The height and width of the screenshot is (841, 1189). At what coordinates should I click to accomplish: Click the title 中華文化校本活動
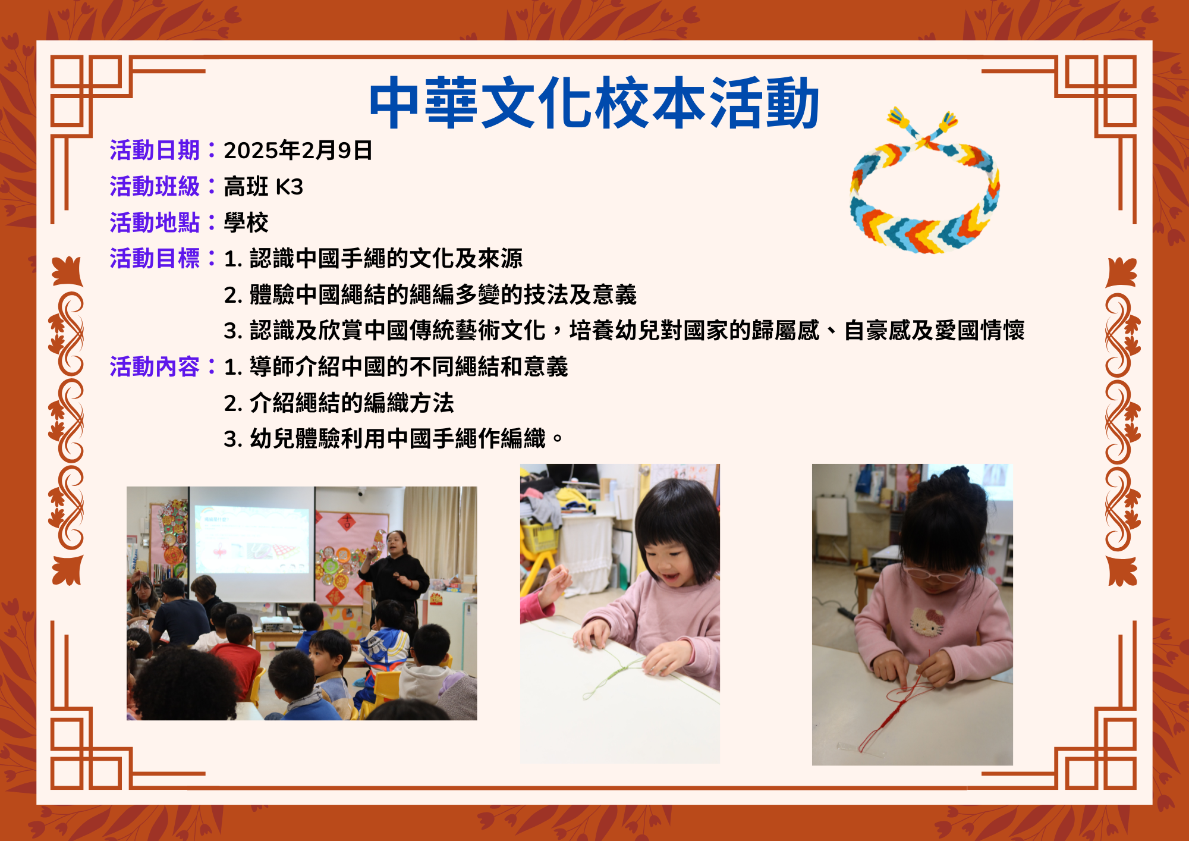point(594,102)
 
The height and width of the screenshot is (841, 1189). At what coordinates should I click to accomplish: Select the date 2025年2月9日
point(298,150)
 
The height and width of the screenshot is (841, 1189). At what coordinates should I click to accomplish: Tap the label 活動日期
point(155,150)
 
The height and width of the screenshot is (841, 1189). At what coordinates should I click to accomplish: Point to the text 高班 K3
point(263,187)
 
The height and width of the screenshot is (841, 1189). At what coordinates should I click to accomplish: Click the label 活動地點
point(155,222)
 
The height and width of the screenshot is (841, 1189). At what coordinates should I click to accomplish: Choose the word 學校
point(246,222)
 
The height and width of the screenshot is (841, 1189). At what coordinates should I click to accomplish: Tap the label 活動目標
point(155,259)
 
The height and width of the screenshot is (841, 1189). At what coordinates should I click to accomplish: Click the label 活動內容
point(155,367)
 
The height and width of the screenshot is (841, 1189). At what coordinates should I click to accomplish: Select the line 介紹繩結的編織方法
point(351,403)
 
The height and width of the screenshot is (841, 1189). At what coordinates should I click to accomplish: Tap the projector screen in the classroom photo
point(252,541)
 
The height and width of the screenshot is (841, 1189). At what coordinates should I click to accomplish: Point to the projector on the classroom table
point(276,624)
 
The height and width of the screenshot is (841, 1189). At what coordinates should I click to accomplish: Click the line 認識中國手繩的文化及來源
point(386,259)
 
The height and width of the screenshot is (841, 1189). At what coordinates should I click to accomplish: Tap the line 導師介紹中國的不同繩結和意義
point(409,367)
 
